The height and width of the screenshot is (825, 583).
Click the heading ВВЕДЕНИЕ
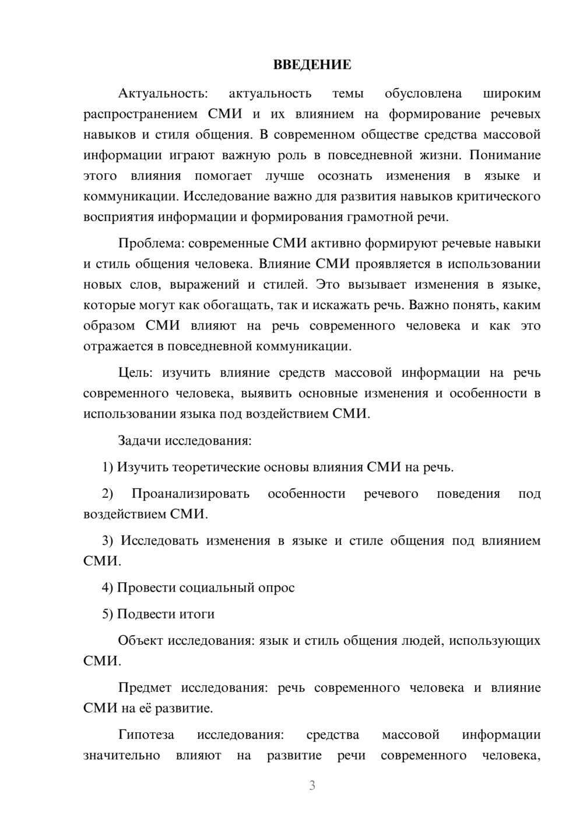click(312, 65)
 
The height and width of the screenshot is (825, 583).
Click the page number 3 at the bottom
click(312, 785)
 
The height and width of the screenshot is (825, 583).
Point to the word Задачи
click(139, 441)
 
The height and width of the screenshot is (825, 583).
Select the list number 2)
click(107, 494)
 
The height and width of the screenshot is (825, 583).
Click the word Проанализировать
click(190, 494)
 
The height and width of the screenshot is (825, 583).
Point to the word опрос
click(276, 588)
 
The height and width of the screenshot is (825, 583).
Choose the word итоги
click(199, 614)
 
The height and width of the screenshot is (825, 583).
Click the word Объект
click(141, 641)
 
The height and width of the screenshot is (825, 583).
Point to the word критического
click(499, 196)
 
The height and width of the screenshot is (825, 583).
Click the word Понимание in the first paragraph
click(505, 155)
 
